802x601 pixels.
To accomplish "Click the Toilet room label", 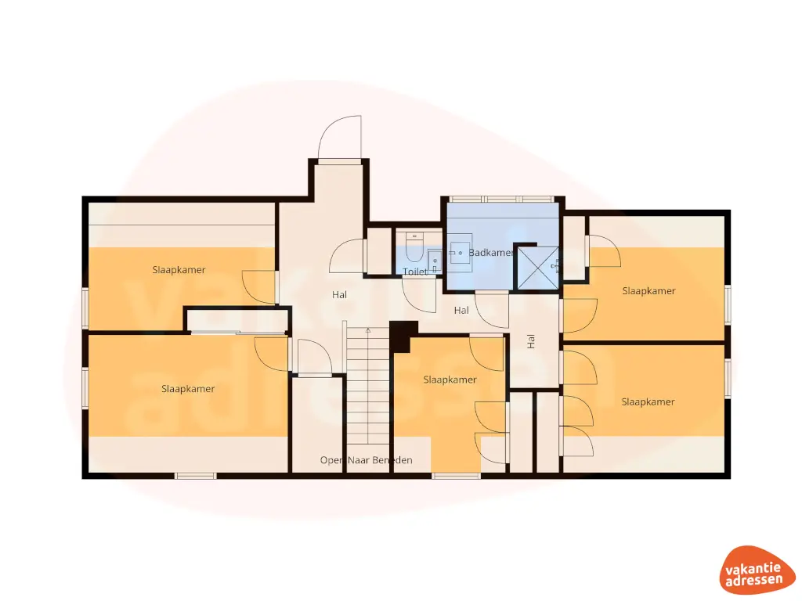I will tap(415, 272).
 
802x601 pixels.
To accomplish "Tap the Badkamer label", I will tap(491, 253).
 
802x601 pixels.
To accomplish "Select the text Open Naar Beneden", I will tap(367, 460).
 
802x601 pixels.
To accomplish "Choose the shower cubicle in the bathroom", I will tap(536, 267).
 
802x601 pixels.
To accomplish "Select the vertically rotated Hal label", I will tap(531, 341).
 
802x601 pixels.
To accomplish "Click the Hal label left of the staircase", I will tap(339, 295).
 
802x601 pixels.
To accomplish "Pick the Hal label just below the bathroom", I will tap(461, 311).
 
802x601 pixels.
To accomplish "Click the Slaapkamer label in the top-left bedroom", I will tap(179, 270).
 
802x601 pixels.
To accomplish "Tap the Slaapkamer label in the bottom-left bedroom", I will tap(188, 388).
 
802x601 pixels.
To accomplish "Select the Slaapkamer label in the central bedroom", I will tap(450, 380).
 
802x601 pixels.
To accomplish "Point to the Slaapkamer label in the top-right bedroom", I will tap(648, 290).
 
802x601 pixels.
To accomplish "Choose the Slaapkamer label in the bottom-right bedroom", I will tap(648, 401).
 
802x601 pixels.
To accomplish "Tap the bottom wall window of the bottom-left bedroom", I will tap(196, 475).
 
